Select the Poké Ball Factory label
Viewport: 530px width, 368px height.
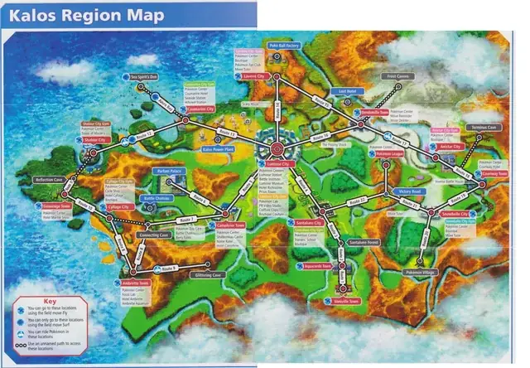pyautogui.click(x=283, y=46)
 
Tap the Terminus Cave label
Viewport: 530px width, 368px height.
pyautogui.click(x=484, y=128)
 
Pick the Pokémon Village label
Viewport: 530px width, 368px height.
pyautogui.click(x=419, y=272)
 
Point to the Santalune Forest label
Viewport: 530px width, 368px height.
pyautogui.click(x=364, y=243)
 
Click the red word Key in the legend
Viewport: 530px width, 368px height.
pyautogui.click(x=50, y=298)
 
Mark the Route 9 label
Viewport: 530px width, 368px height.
pyautogui.click(x=170, y=269)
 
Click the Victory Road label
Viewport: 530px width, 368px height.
pyautogui.click(x=410, y=191)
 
